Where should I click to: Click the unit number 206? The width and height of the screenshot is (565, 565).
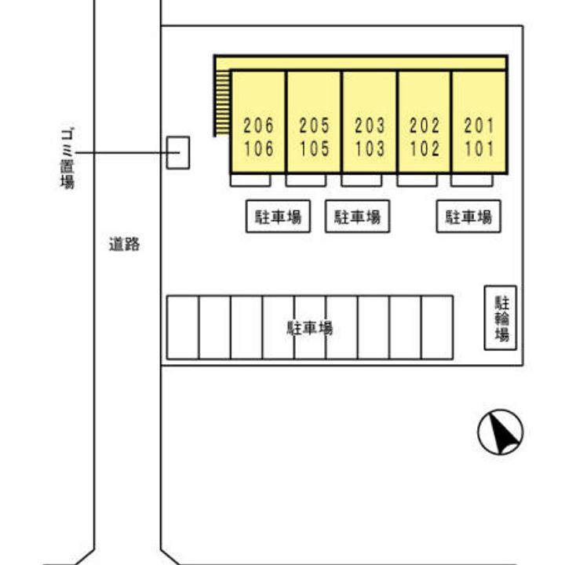[258, 125]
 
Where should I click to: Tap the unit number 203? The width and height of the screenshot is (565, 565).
[370, 125]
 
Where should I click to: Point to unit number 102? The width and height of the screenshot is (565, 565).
[425, 148]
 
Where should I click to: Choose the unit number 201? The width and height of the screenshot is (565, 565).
[479, 125]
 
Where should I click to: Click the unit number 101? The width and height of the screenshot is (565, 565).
[479, 148]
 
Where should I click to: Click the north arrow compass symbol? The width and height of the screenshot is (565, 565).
[501, 432]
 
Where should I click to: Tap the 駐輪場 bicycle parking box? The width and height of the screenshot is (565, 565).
[501, 318]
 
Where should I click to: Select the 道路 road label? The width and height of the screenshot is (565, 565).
[124, 245]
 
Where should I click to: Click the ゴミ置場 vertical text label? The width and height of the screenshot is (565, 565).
[67, 158]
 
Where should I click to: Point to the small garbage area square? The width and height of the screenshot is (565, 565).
[178, 152]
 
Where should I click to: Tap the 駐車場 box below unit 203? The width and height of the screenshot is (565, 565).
[358, 217]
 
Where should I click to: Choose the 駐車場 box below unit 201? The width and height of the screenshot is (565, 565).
[468, 217]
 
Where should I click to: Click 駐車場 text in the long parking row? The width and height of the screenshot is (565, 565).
[309, 328]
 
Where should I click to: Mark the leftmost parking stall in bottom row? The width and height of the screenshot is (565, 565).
[183, 328]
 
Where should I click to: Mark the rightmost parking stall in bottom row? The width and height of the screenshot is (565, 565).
[437, 328]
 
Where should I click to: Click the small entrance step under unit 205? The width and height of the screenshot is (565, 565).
[305, 180]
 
